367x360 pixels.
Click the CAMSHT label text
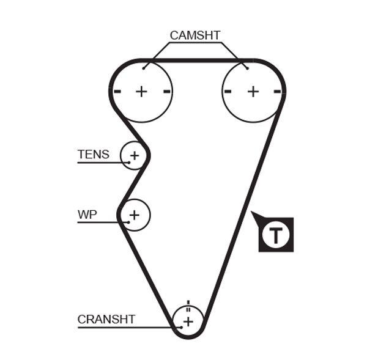point(195,35)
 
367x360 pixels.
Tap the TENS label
point(93,154)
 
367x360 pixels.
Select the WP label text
point(87,215)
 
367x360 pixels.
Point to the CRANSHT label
point(106,319)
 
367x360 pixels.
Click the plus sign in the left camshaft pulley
point(141,92)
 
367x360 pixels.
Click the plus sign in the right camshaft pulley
point(253,92)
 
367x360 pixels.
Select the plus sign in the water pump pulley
point(135,215)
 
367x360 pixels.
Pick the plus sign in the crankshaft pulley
point(188,321)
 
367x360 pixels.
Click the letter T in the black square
point(276,234)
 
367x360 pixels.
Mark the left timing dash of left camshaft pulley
point(117,92)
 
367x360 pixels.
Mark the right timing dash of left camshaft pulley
point(166,92)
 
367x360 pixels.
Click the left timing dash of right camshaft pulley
point(228,92)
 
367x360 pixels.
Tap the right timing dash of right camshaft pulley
point(278,92)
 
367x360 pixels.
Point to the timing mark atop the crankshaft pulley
point(188,303)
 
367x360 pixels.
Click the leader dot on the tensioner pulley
point(129,162)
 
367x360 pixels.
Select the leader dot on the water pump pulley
point(128,222)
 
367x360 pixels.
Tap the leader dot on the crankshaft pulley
point(181,328)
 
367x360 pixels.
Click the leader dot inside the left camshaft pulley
point(144,68)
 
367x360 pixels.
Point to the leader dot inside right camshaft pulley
point(247,68)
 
